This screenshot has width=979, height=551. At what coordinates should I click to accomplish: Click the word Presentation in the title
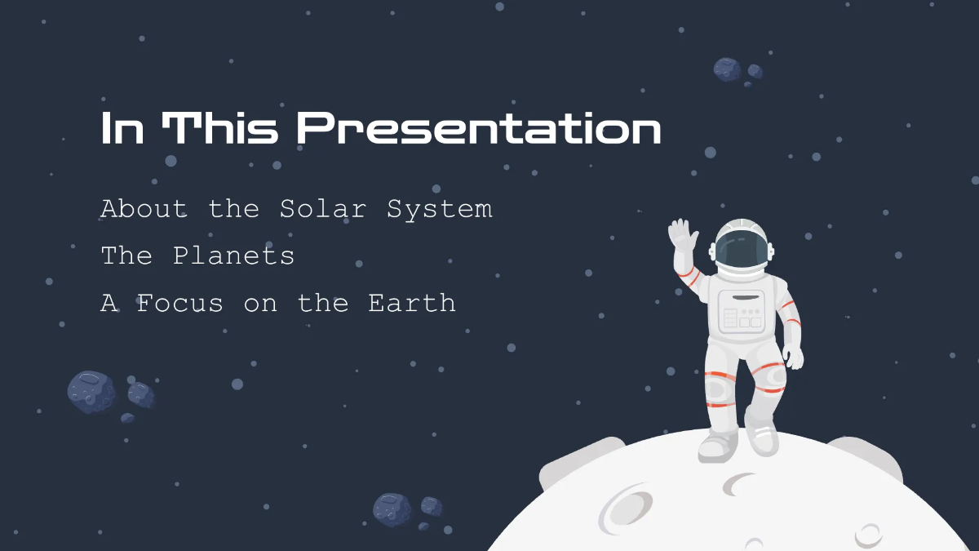coord(478,130)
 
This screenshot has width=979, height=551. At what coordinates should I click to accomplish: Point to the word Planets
coord(233,256)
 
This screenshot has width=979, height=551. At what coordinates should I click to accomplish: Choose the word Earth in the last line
coord(411,304)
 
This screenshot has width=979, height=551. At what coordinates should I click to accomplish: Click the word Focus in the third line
coord(179,304)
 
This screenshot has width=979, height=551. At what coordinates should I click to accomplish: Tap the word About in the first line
coord(144,209)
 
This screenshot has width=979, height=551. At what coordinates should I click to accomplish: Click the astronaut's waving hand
coord(683,237)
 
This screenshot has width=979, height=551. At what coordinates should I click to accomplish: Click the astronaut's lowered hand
coord(792,357)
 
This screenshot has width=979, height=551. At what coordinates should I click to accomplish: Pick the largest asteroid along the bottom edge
coord(392,509)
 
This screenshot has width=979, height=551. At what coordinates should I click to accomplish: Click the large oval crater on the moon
coord(625,508)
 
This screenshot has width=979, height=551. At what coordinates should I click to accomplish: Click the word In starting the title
coord(122,129)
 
